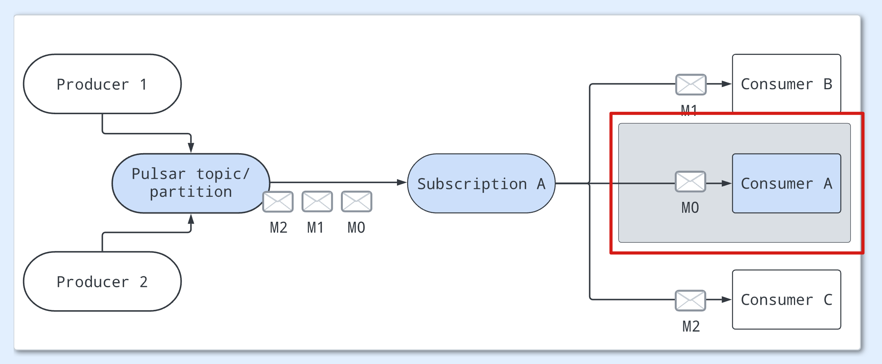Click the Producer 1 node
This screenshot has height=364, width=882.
coord(102,84)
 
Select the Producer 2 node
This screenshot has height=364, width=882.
coord(102,281)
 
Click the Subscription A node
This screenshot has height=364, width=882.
coord(481,184)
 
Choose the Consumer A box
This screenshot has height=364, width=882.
coord(786,184)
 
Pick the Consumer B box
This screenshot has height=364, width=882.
coord(786,84)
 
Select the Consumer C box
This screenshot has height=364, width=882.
coord(786,300)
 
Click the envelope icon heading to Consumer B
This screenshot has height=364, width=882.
coord(691,85)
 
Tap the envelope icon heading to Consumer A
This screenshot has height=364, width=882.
coord(690,182)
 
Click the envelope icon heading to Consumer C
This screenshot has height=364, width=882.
coord(690,300)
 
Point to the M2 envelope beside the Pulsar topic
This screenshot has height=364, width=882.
coord(278,201)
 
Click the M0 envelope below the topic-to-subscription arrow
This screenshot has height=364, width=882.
coord(356,201)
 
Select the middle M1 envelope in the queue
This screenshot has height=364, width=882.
coord(317,201)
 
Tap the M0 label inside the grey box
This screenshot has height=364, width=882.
coord(690,208)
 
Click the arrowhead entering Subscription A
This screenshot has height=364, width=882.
coord(402,182)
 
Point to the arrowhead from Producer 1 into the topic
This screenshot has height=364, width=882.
coord(191,148)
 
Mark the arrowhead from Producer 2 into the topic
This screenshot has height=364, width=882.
coord(191,219)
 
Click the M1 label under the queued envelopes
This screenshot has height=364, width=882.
coord(315,228)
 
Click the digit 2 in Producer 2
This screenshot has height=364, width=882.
coord(143,282)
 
